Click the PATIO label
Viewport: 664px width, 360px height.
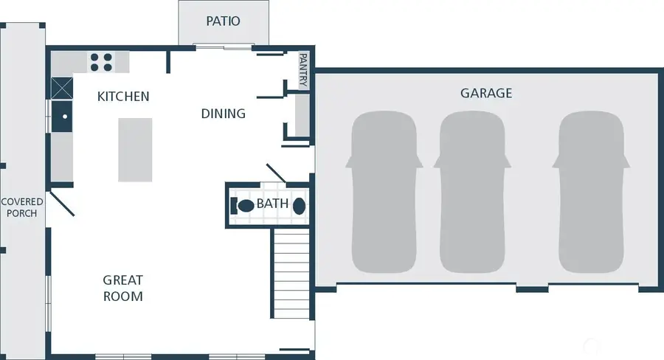click(x=222, y=21)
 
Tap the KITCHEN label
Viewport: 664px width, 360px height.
click(x=123, y=97)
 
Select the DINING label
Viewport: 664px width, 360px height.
click(x=224, y=114)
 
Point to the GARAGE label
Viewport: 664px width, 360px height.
click(x=486, y=94)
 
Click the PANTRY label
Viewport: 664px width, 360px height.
click(x=303, y=70)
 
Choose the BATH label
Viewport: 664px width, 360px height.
click(x=272, y=204)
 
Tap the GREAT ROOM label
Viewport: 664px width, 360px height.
click(x=122, y=288)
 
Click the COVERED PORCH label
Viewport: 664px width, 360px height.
click(x=22, y=208)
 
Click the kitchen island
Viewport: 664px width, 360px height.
click(x=135, y=150)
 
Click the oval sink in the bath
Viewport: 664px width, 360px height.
click(x=300, y=206)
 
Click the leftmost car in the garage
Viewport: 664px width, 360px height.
click(x=386, y=192)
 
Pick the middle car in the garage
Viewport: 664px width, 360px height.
click(x=473, y=192)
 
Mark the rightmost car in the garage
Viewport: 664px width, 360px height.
click(x=592, y=192)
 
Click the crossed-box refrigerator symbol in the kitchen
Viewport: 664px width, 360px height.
click(x=62, y=89)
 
